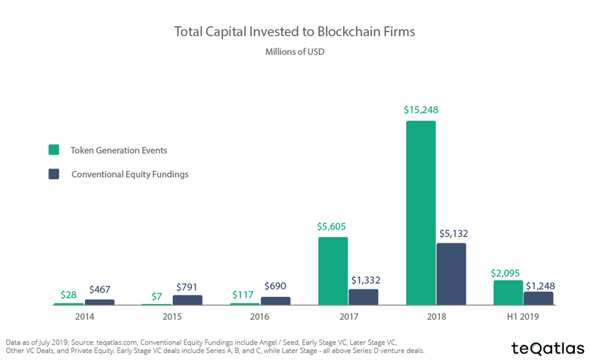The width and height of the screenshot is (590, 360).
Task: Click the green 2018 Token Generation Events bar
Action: (421, 212)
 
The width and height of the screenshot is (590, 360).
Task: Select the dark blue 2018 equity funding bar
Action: (451, 274)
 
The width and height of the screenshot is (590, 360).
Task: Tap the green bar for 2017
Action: (333, 271)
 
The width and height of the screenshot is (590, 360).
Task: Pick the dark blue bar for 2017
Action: (363, 297)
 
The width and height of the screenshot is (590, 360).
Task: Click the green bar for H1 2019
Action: (508, 293)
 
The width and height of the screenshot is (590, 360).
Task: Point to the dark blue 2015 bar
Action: (187, 300)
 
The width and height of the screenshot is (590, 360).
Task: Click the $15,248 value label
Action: (421, 110)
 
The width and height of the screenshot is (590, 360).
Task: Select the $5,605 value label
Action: (333, 227)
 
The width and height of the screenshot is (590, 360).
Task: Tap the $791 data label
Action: (187, 285)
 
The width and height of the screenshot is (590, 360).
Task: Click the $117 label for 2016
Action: (245, 295)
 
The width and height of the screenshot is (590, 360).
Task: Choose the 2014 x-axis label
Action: (85, 317)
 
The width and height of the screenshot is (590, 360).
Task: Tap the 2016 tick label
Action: (260, 317)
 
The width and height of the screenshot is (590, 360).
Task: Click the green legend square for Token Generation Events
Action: (54, 150)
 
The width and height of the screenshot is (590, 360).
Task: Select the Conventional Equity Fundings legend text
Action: (130, 174)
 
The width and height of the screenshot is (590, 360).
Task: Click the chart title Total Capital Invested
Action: (295, 32)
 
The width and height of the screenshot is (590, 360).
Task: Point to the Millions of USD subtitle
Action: (295, 52)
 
